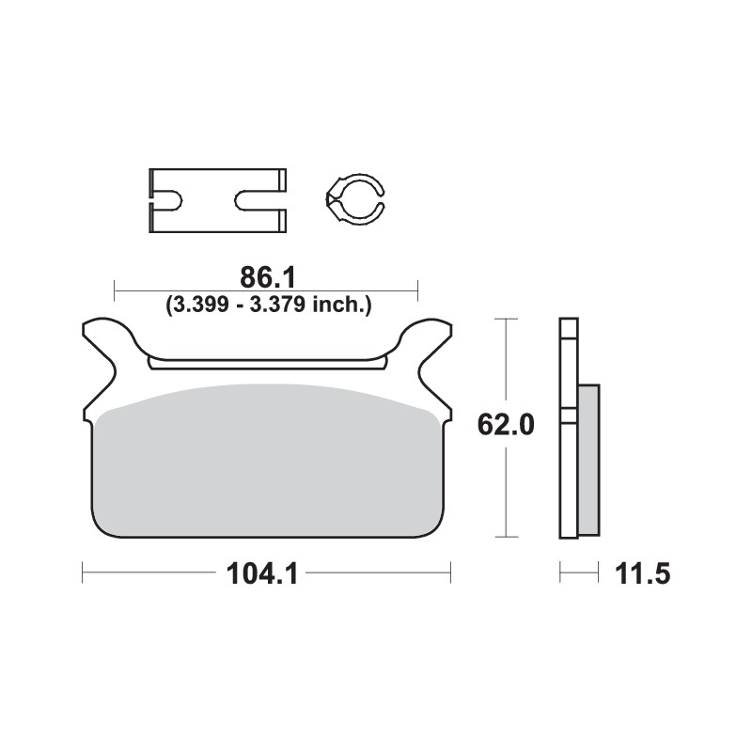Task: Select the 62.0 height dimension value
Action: click(x=507, y=426)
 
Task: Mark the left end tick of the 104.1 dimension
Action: click(x=83, y=572)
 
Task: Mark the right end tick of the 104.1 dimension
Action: click(x=451, y=572)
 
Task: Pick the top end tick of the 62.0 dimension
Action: click(x=507, y=320)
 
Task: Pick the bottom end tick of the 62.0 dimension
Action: click(x=507, y=538)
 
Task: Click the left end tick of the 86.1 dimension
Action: click(x=114, y=290)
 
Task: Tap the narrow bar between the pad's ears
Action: click(x=268, y=362)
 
